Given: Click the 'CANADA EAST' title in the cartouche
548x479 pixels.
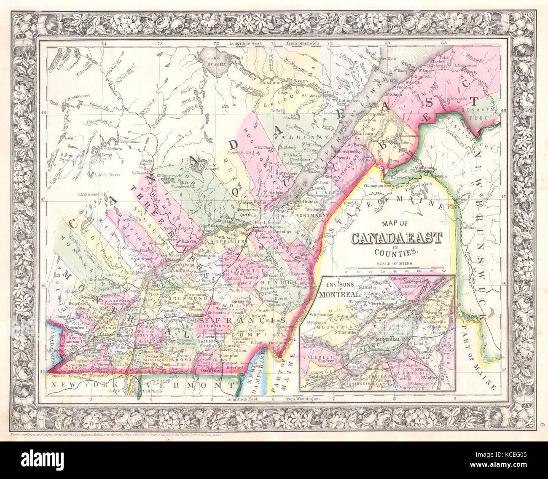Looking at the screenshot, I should tap(397, 239).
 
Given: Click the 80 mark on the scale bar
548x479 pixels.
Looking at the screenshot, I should tap(443, 272).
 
